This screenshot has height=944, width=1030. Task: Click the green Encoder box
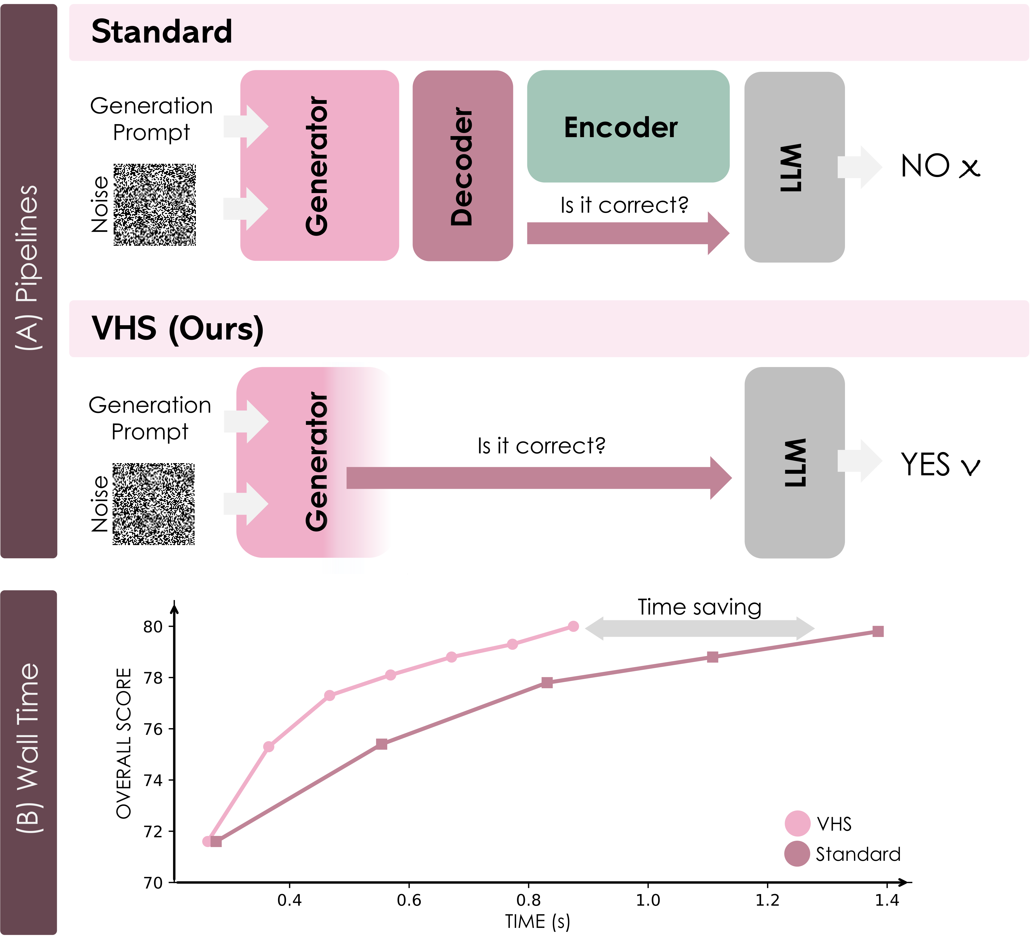pos(628,126)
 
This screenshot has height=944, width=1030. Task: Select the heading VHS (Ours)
pos(177,328)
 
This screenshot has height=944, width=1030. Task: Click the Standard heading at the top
pos(161,32)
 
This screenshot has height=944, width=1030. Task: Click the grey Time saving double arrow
pos(699,628)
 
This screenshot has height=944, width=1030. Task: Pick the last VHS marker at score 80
pos(573,626)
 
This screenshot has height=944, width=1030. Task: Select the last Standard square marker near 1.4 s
pos(878,631)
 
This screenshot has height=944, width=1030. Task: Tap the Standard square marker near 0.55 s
pos(381,744)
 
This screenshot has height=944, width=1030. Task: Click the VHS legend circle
pos(797,824)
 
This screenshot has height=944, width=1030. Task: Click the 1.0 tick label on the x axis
pos(647,900)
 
